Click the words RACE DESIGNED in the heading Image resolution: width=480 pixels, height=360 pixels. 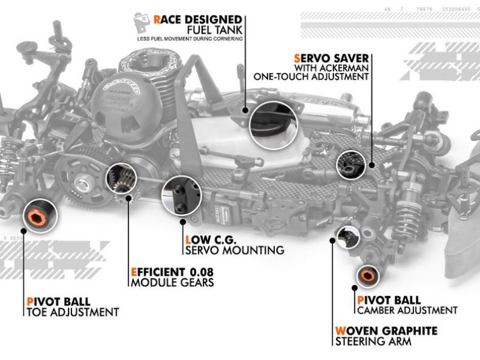[197, 19]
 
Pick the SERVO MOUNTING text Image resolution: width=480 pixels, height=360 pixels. [235, 250]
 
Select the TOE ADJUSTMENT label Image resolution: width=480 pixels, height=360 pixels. [72, 312]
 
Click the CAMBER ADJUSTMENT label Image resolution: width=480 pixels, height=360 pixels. [407, 310]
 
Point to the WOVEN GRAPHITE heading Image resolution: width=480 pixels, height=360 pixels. [386, 331]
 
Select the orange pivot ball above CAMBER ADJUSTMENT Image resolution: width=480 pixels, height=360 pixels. [366, 275]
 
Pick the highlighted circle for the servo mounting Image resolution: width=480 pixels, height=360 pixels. [179, 195]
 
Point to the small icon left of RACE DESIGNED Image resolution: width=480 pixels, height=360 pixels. [142, 25]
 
